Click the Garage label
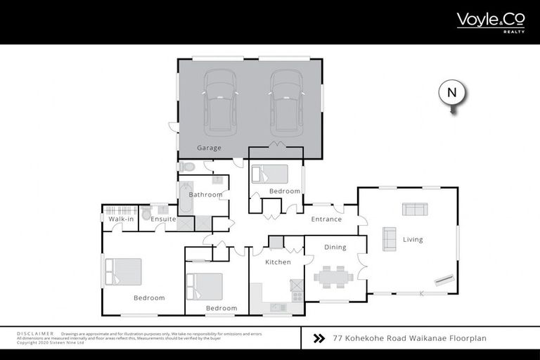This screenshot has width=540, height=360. (209, 148)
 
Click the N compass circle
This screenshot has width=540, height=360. (452, 93)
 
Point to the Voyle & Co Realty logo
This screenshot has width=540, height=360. (491, 21)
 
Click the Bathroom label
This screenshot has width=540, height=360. (205, 194)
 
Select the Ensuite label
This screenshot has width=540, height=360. (163, 219)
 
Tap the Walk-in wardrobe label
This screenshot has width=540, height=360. (121, 219)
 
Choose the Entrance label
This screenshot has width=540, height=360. (326, 219)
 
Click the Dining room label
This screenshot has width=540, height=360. (335, 247)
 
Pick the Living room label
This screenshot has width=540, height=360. (413, 239)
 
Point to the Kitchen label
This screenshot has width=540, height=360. (278, 262)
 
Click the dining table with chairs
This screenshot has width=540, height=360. (334, 276)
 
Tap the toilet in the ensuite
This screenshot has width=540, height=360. (146, 213)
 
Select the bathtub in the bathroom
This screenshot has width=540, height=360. (186, 198)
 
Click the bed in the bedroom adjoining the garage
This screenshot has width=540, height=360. (270, 174)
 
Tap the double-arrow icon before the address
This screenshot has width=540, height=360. (319, 338)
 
